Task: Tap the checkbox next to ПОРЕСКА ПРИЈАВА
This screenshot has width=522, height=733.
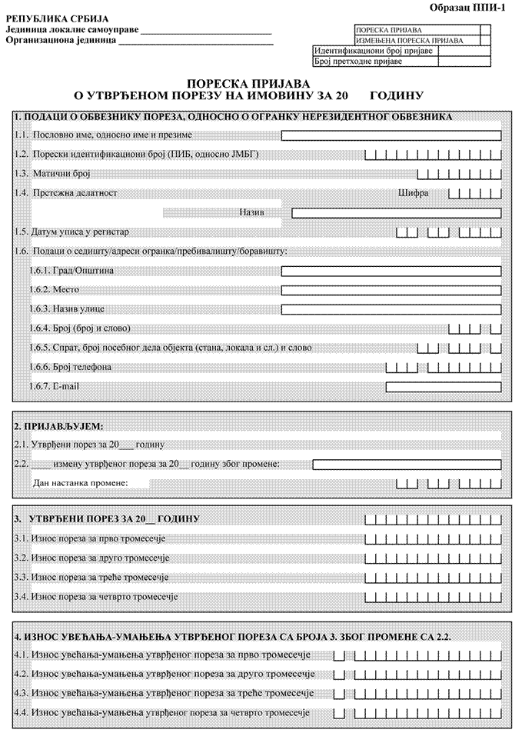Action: click(485, 30)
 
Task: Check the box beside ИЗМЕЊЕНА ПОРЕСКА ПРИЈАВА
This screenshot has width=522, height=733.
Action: click(485, 40)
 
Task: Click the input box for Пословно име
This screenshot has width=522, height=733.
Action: click(391, 136)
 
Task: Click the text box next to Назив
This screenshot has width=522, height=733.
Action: click(396, 212)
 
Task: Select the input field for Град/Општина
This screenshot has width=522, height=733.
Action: click(391, 271)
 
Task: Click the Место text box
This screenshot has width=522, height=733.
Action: click(391, 291)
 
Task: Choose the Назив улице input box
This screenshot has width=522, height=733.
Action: click(391, 310)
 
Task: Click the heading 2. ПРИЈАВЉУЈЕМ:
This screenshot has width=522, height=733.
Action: click(59, 425)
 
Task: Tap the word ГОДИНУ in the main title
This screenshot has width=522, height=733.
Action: click(397, 96)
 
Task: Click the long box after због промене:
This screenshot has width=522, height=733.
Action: click(407, 465)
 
